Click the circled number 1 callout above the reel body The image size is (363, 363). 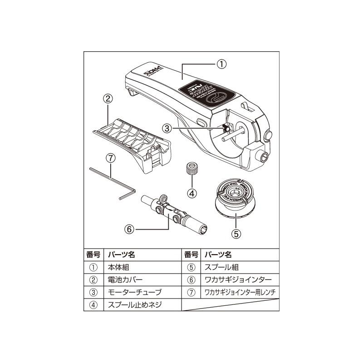click(x=220, y=64)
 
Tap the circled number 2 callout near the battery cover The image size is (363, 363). click(x=108, y=98)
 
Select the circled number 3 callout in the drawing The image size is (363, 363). click(x=167, y=128)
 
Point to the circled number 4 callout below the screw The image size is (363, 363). click(x=192, y=193)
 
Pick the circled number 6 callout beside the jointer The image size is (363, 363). click(x=129, y=229)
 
